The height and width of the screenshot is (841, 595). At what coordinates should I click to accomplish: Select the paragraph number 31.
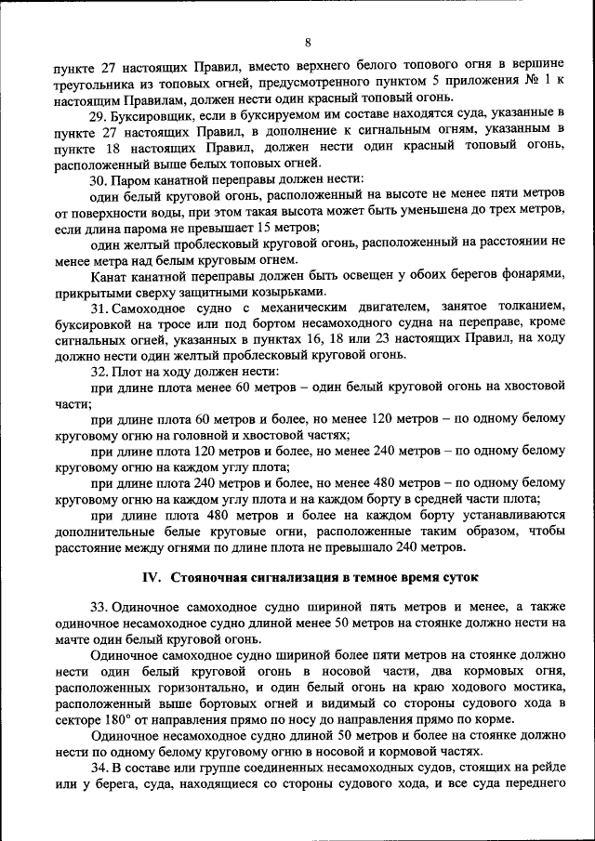pos(99,307)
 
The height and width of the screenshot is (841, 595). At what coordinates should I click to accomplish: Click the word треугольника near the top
pos(95,81)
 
